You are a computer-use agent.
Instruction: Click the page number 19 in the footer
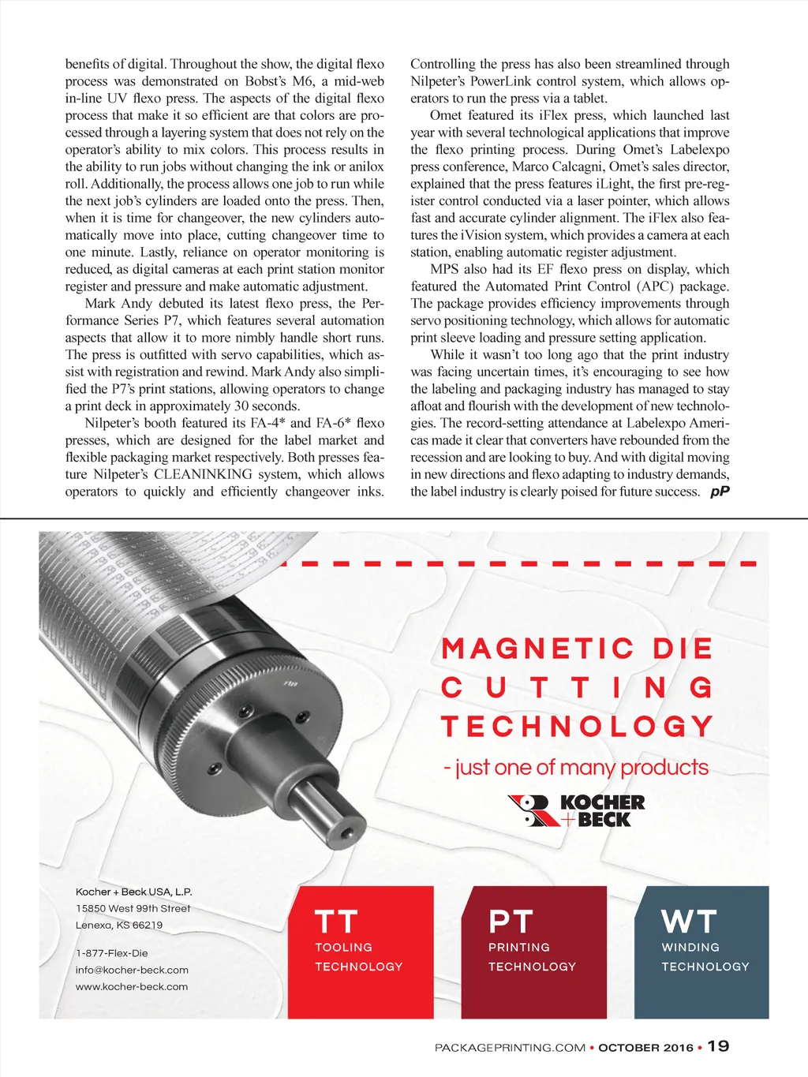718,1046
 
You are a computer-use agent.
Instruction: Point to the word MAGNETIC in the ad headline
537,649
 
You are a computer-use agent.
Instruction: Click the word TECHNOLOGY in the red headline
577,726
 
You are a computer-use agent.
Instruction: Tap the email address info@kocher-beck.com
132,970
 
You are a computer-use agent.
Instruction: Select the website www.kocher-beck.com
132,986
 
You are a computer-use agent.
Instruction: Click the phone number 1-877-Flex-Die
112,953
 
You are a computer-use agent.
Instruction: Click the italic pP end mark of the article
720,492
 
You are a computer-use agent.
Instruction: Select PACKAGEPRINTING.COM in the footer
510,1048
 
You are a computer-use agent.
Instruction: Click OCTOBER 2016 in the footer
645,1048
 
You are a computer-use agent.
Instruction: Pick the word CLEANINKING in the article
203,474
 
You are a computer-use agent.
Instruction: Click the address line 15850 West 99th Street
133,908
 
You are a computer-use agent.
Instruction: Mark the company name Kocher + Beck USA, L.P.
133,892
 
